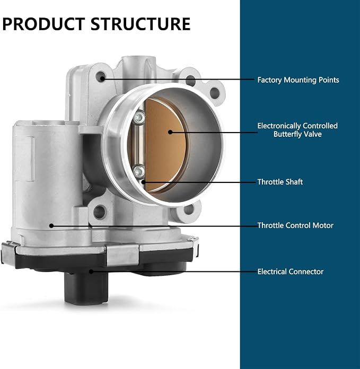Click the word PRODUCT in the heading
click(43, 24)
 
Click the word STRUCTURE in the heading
click(140, 24)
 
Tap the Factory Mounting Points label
click(298, 80)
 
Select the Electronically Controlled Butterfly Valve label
click(297, 130)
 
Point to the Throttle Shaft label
click(280, 182)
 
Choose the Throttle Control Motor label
click(295, 225)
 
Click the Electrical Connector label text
click(291, 271)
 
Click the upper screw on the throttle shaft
click(139, 117)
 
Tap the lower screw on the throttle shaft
click(138, 171)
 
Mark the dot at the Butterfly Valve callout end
click(170, 132)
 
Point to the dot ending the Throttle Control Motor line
click(51, 225)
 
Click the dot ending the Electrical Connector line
click(91, 271)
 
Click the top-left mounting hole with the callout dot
click(101, 77)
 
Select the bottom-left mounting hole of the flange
click(100, 212)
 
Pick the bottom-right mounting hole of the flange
click(189, 209)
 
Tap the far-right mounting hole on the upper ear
click(215, 93)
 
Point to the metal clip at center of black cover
click(122, 255)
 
